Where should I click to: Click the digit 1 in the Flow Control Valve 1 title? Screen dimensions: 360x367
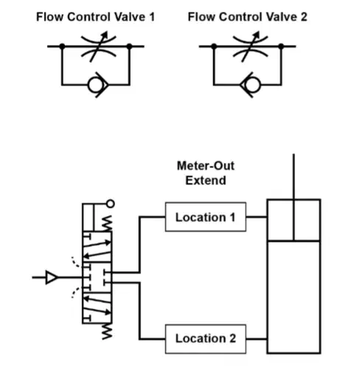click(x=152, y=17)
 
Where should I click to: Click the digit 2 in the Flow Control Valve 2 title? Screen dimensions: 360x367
click(x=304, y=17)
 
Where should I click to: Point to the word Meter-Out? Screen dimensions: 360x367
click(x=206, y=166)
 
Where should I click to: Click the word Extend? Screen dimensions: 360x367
click(x=206, y=181)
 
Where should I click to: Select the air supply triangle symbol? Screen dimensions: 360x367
click(x=52, y=278)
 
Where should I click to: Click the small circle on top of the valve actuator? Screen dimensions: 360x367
click(x=111, y=203)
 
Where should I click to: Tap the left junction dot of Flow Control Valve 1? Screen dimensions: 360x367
click(x=62, y=46)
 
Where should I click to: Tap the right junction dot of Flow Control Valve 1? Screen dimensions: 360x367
click(x=129, y=46)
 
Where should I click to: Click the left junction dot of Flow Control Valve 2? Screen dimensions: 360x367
click(x=214, y=46)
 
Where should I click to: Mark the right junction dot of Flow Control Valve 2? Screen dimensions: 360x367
click(x=281, y=46)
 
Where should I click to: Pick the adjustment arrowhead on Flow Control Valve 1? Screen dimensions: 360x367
click(x=105, y=34)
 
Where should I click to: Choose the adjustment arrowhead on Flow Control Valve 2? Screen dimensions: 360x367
click(x=257, y=34)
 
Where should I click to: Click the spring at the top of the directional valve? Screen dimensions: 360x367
click(x=107, y=223)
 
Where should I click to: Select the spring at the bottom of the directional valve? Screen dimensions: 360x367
click(x=107, y=331)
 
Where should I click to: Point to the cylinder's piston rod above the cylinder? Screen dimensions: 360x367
click(x=294, y=177)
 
